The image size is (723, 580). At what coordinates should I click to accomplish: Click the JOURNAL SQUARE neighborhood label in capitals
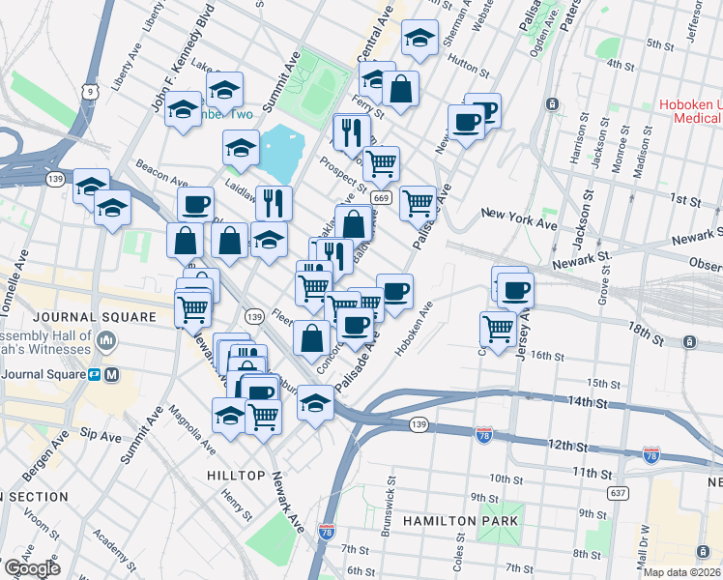(94, 317)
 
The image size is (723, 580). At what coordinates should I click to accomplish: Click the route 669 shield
(381, 198)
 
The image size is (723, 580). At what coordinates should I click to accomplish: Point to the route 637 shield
(617, 493)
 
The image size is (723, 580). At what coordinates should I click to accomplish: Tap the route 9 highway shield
(90, 92)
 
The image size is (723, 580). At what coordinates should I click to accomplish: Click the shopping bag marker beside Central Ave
(400, 90)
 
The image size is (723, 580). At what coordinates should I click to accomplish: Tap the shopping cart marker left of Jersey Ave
(498, 328)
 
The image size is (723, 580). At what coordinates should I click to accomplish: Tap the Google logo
(31, 568)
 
